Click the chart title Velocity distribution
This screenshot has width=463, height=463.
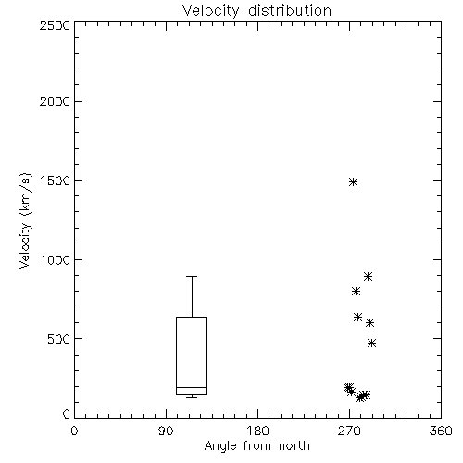[257, 11]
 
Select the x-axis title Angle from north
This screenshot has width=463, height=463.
[257, 445]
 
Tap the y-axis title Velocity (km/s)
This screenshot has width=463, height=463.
[25, 220]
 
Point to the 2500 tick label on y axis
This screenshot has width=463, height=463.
[55, 25]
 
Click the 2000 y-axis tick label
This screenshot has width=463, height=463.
[55, 101]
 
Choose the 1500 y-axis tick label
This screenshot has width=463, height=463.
[55, 181]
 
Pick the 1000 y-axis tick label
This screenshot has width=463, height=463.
[55, 259]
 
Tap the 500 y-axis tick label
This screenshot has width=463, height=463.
[59, 339]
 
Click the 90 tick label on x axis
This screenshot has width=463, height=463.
[166, 431]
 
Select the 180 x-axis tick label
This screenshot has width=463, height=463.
[257, 431]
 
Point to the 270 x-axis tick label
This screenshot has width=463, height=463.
[349, 431]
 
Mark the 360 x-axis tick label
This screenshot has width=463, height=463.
[441, 431]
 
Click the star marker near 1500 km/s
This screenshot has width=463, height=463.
[354, 181]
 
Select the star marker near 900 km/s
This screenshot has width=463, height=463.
[368, 276]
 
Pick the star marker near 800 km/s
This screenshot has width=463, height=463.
[356, 291]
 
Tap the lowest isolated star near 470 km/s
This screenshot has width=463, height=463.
[372, 343]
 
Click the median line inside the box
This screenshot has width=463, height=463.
[192, 387]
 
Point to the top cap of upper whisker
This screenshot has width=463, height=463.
[192, 276]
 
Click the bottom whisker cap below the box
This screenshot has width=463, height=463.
[192, 397]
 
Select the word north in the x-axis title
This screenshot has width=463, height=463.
[294, 445]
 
